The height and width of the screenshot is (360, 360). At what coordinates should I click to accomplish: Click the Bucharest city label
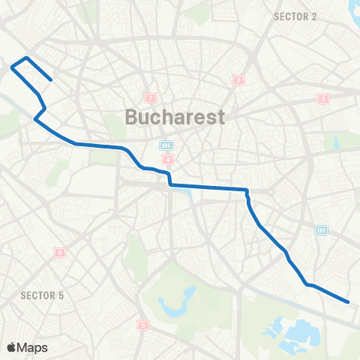[175, 118]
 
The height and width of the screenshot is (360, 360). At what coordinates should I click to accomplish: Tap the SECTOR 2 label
[295, 16]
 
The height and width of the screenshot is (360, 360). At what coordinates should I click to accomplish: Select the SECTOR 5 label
[42, 295]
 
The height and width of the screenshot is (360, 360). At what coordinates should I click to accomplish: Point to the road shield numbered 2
[238, 79]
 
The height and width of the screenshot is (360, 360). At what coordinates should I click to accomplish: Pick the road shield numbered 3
[323, 99]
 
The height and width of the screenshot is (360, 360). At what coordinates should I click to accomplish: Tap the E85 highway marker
[166, 145]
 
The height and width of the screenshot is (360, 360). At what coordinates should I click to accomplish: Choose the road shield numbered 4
[167, 160]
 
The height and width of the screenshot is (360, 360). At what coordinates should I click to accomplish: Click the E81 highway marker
[321, 229]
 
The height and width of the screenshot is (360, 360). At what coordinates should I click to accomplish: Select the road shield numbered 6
[59, 252]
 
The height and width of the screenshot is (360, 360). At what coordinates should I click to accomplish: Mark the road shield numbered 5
[142, 325]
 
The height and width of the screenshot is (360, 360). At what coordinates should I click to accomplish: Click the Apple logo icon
[12, 347]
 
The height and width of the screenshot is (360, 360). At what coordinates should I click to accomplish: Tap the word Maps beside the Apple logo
[33, 347]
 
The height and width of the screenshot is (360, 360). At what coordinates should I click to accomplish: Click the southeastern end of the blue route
[349, 302]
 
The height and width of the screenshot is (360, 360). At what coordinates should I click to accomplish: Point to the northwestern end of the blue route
[50, 79]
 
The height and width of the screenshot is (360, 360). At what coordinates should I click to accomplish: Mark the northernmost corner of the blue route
[26, 58]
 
